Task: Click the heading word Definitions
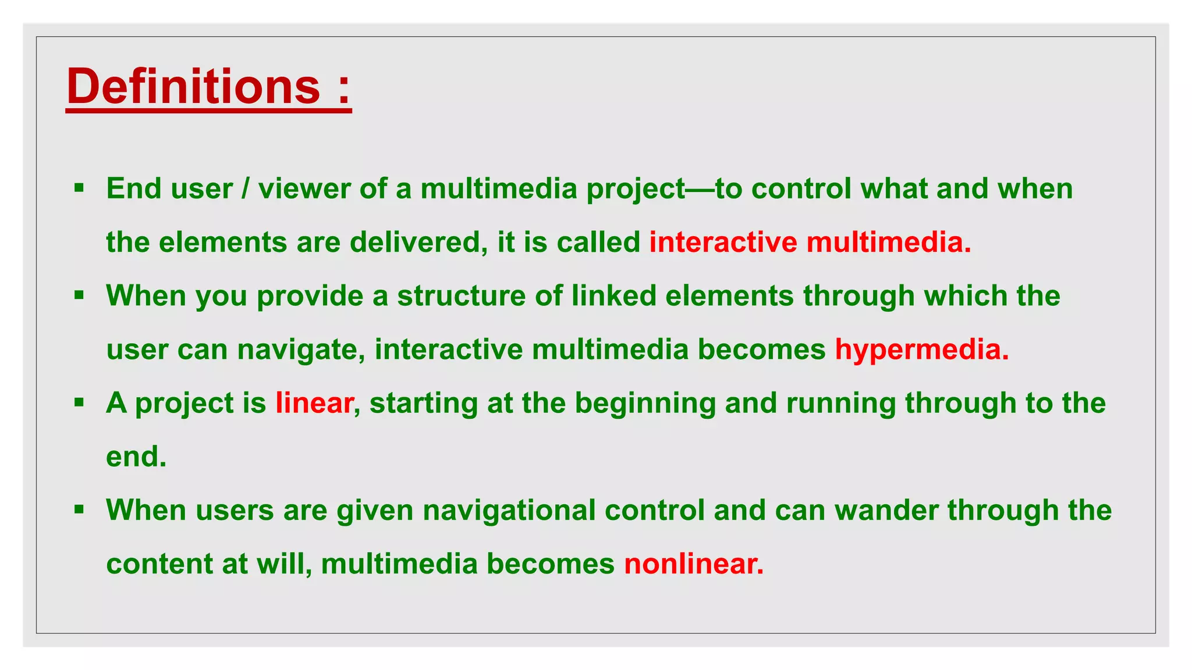pos(193,86)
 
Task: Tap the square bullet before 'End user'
pos(79,188)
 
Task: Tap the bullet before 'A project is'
pos(79,402)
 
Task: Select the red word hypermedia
pos(921,350)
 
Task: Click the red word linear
pos(314,402)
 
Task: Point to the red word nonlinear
pos(693,564)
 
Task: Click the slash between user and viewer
pos(245,189)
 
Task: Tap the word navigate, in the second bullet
pos(301,350)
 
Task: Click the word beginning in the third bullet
pos(645,403)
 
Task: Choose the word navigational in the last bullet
pos(509,510)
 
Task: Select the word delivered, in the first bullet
pos(418,242)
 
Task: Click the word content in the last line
pos(159,564)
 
